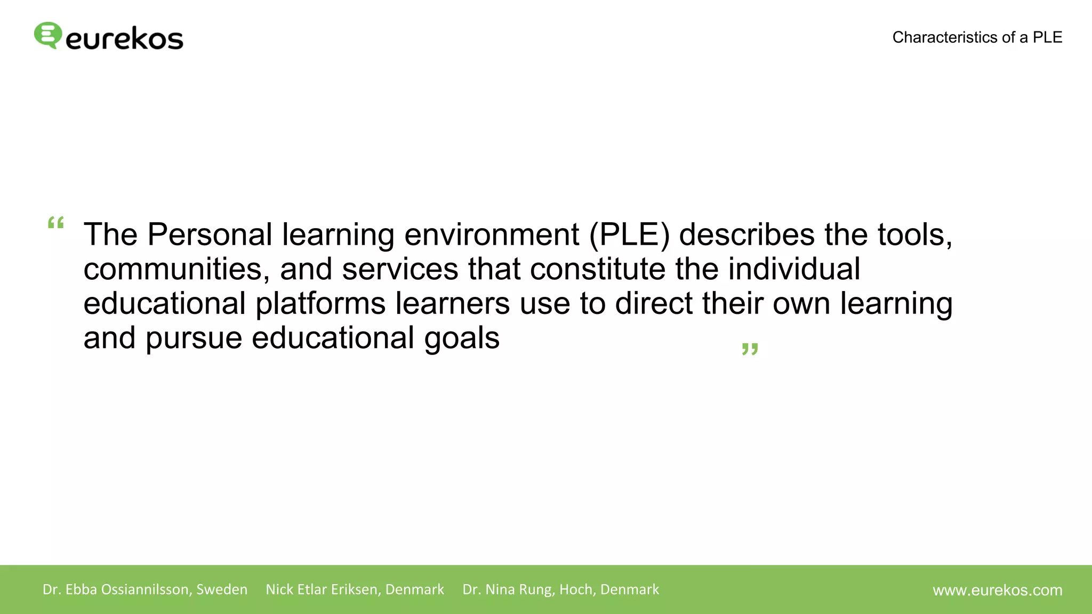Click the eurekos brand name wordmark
point(124,39)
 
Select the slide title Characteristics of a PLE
point(977,37)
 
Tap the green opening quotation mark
point(56,223)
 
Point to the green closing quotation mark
point(750,350)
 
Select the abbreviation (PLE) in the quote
point(629,235)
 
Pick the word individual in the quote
point(794,269)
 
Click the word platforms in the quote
point(320,304)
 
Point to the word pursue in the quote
point(194,339)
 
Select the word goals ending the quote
point(462,339)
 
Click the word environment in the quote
point(492,235)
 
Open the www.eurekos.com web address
point(997,590)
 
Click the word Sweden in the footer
point(222,589)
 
